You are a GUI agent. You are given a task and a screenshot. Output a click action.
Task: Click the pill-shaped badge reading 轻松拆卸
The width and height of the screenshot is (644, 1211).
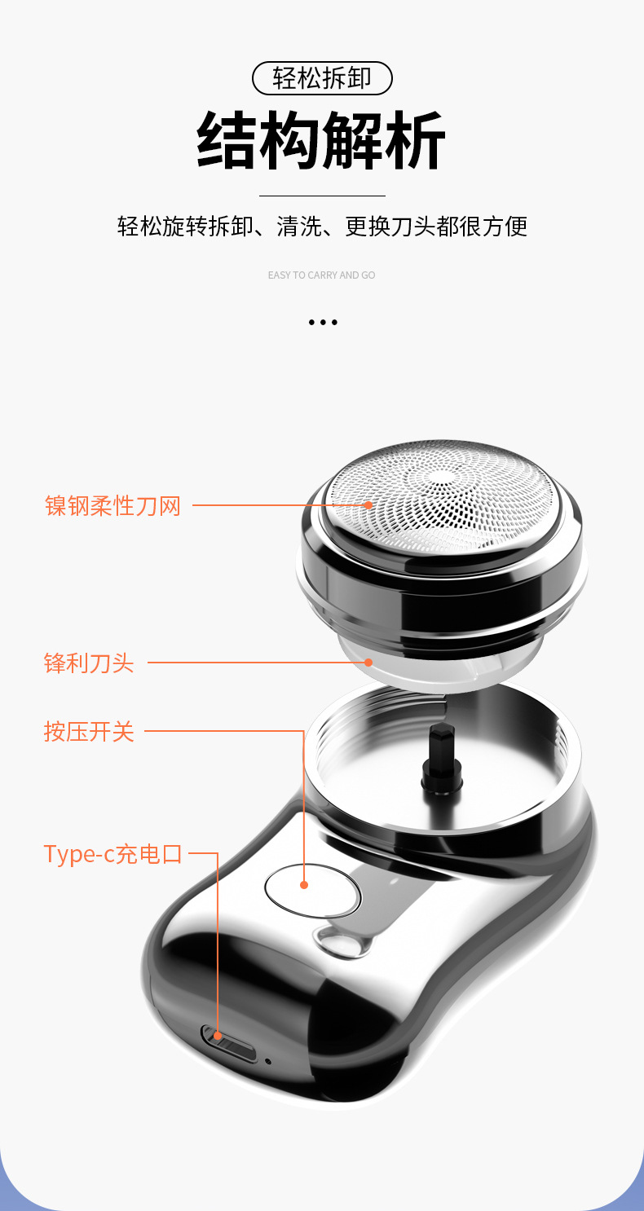(322, 78)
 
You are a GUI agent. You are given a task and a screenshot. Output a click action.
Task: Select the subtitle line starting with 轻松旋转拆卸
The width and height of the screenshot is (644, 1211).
(322, 226)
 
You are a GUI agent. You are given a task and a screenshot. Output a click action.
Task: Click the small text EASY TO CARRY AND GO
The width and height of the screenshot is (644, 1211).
(322, 275)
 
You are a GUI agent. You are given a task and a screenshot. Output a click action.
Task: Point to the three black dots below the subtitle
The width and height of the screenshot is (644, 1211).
(323, 323)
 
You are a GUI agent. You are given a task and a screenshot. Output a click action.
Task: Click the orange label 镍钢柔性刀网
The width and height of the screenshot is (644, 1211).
(112, 505)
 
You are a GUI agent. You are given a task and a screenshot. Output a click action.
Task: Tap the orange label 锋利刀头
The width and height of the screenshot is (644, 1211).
(89, 663)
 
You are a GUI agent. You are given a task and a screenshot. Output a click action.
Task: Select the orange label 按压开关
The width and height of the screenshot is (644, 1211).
(89, 731)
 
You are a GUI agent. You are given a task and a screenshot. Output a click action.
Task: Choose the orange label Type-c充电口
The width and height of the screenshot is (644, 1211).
(112, 854)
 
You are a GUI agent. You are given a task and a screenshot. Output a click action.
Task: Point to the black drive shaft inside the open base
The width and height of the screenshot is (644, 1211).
(441, 759)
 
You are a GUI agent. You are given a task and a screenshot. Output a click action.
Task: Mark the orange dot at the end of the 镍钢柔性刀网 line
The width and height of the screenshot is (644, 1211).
(368, 505)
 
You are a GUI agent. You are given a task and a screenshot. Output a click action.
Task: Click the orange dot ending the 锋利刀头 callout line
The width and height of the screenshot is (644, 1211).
(368, 663)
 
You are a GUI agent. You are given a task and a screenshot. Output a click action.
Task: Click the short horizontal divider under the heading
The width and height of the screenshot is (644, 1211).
(322, 196)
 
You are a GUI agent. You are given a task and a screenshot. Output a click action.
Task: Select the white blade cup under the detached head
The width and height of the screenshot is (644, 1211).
(440, 664)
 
